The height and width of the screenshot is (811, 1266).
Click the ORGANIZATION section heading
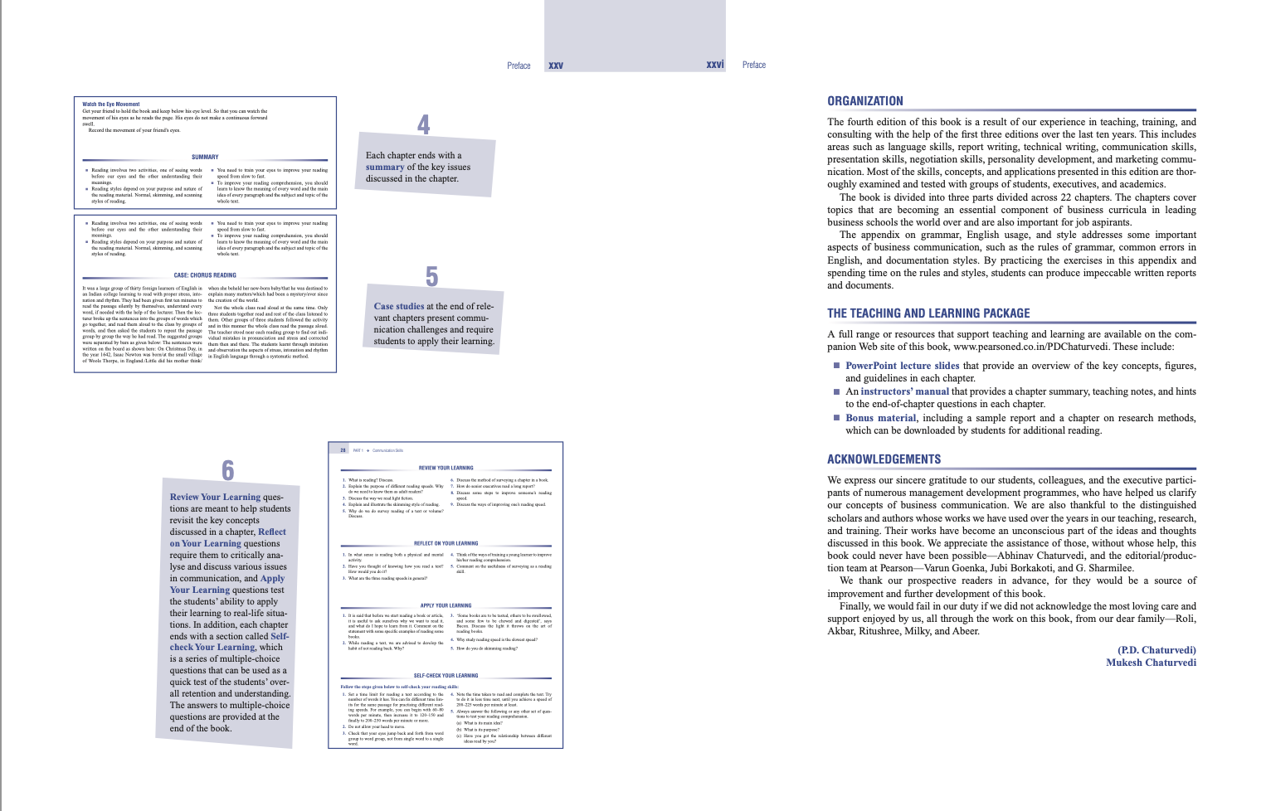(x=864, y=101)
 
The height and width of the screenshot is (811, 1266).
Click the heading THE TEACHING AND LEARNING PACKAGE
(x=928, y=313)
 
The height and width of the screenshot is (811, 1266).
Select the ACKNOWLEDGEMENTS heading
(x=884, y=459)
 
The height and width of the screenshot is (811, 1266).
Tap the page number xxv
(x=556, y=66)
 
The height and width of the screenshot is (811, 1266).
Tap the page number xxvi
(x=714, y=65)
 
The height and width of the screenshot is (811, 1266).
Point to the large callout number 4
(x=423, y=125)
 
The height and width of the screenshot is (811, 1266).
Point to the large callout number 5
(x=431, y=277)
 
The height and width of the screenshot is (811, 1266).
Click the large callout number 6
(x=227, y=471)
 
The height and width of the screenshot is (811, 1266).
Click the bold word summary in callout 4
(x=385, y=167)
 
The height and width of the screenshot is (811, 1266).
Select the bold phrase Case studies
(x=398, y=306)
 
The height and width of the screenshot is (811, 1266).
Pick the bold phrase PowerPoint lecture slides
(x=902, y=366)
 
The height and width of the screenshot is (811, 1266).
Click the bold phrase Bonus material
(x=880, y=418)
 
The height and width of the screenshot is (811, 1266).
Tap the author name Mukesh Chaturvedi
(x=1151, y=663)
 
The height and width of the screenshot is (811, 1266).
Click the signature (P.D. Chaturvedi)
(x=1156, y=650)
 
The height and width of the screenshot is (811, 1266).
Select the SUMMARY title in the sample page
(x=205, y=157)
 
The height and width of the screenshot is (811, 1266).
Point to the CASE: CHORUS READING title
(x=205, y=275)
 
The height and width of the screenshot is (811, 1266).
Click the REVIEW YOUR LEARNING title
(x=446, y=468)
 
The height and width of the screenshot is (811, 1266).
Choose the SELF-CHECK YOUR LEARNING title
(x=446, y=676)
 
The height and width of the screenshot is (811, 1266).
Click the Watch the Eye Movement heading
(x=111, y=104)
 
